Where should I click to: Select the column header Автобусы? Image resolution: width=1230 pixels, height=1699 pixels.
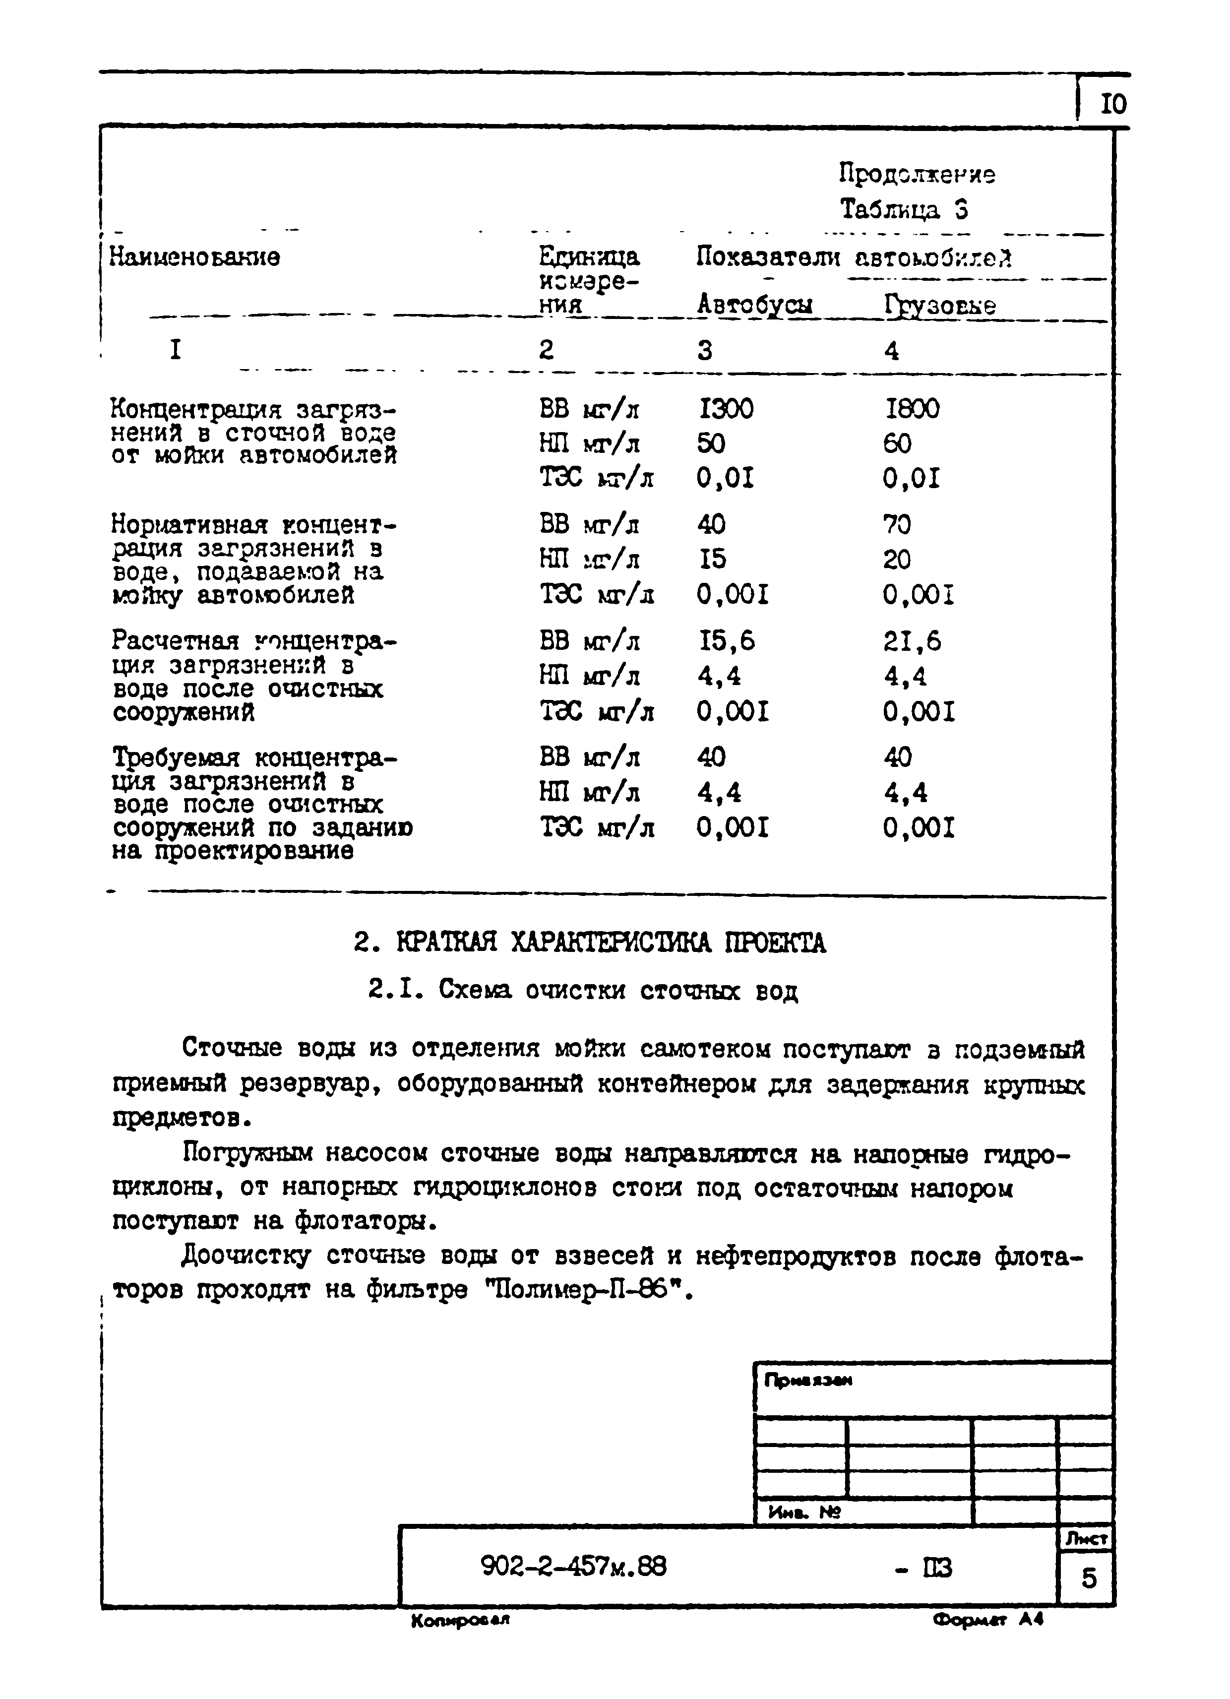[x=754, y=305]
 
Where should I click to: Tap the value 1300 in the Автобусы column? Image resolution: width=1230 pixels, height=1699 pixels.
[x=725, y=409]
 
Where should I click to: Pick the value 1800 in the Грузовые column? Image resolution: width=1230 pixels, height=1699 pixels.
[x=912, y=409]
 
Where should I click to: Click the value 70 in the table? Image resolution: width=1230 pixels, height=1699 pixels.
[x=897, y=524]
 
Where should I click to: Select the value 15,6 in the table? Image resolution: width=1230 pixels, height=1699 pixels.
[x=726, y=640]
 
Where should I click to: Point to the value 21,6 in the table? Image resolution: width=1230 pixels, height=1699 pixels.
[x=912, y=640]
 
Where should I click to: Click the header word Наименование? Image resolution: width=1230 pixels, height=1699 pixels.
[x=195, y=257]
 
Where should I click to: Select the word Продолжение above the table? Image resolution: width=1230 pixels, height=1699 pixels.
[x=917, y=175]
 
